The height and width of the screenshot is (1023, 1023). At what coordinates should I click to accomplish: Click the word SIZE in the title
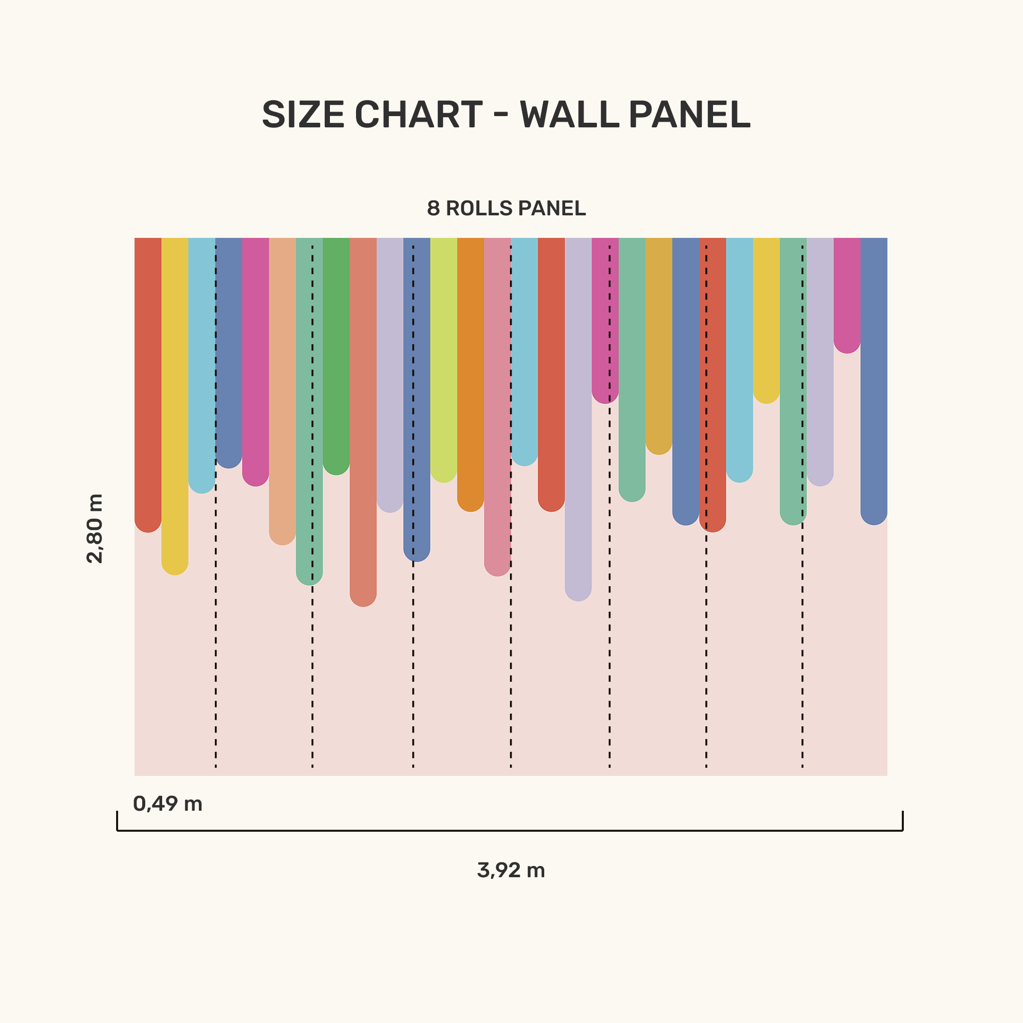(x=303, y=115)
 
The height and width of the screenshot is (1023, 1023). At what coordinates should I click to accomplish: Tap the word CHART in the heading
(x=418, y=115)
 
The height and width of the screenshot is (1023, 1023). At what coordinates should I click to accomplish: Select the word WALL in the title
(x=569, y=115)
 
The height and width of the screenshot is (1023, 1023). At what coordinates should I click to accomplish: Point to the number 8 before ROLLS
(x=433, y=209)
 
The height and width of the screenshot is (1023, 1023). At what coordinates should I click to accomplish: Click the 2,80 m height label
(x=95, y=528)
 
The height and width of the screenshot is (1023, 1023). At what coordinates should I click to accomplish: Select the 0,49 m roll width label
(x=167, y=804)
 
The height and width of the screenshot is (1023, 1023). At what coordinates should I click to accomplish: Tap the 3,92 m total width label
(x=511, y=871)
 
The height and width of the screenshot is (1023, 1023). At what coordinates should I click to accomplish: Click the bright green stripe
(x=336, y=349)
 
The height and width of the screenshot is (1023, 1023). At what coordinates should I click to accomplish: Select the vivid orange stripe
(x=471, y=371)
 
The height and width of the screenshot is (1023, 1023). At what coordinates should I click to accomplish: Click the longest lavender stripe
(x=578, y=413)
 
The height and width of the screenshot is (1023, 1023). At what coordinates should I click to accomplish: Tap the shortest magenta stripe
(x=847, y=291)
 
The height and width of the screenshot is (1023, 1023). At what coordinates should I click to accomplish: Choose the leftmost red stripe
(x=148, y=381)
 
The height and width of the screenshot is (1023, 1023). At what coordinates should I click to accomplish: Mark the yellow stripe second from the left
(x=175, y=403)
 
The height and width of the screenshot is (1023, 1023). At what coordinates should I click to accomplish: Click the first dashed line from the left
(x=215, y=635)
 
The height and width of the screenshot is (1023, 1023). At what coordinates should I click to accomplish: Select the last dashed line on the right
(x=802, y=635)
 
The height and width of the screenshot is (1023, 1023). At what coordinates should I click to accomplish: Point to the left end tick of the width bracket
(x=117, y=821)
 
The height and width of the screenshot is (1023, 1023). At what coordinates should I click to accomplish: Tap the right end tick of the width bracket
(x=903, y=821)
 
